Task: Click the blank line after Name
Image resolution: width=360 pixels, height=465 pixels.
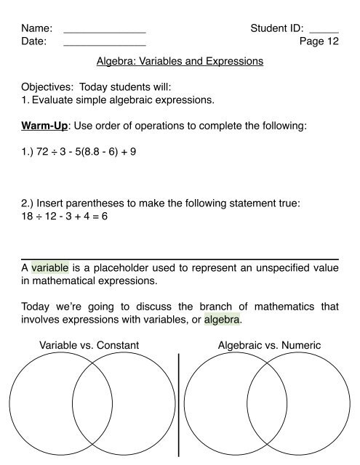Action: point(105,33)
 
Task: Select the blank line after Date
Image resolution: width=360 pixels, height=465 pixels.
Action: point(105,46)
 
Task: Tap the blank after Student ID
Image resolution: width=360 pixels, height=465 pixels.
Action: point(324,33)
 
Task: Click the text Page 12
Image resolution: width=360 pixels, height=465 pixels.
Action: point(319,42)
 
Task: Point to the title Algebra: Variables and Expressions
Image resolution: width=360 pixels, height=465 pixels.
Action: point(180,62)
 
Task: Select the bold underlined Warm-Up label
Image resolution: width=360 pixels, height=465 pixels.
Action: point(45,146)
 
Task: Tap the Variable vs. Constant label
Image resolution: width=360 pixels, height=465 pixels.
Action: point(90,345)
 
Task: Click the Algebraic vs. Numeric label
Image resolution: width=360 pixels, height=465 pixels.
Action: point(269,345)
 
